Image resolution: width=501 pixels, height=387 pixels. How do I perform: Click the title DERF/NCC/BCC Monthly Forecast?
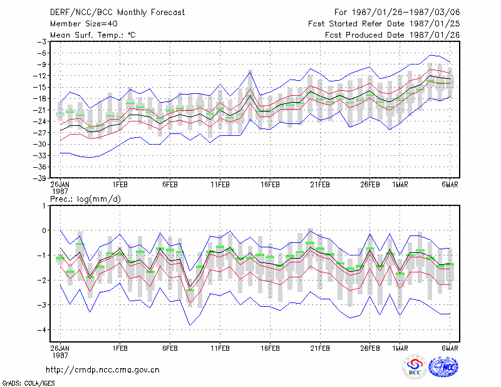[117, 13]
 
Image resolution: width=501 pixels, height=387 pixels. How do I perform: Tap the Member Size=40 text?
[84, 24]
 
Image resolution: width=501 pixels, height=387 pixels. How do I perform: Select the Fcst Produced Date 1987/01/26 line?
[393, 35]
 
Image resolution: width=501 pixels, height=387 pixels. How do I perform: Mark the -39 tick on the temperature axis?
[39, 178]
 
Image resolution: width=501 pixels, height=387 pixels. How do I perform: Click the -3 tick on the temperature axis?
[42, 41]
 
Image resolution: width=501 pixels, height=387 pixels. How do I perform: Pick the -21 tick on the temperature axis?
[39, 110]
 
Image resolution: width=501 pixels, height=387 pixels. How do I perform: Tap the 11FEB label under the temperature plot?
[220, 185]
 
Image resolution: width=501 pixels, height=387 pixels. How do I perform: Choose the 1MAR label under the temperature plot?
[400, 185]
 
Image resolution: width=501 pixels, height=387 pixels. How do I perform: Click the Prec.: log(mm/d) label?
[86, 199]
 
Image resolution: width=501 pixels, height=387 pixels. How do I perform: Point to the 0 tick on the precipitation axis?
[44, 230]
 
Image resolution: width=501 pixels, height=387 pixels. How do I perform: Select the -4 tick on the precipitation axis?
[42, 329]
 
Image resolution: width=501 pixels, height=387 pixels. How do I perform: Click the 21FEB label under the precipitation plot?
[320, 348]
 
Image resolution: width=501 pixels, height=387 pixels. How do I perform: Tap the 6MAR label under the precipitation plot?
[450, 348]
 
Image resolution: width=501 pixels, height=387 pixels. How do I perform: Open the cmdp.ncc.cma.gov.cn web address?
[103, 370]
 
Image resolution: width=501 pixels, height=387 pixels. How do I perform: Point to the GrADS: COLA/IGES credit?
[29, 383]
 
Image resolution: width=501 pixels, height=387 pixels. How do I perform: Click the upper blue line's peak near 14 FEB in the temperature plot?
[250, 71]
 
